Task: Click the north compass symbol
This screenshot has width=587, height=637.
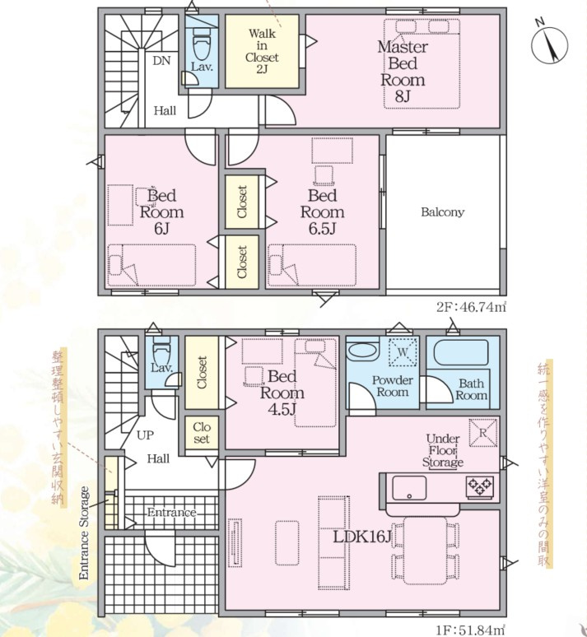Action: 550,44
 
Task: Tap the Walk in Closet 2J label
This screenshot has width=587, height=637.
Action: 262,51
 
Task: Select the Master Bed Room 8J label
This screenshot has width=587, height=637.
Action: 403,71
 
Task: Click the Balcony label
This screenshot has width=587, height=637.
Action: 442,212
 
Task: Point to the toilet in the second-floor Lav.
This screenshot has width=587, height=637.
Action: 202,44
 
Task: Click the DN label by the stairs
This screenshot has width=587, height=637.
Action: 161,61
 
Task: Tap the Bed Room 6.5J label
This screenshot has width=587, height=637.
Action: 322,212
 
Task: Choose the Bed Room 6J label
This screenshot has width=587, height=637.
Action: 161,212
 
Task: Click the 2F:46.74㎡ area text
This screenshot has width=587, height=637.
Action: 471,307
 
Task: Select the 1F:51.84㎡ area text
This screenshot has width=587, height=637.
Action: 471,630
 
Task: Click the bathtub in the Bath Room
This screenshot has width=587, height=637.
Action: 461,353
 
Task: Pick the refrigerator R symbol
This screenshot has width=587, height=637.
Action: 482,433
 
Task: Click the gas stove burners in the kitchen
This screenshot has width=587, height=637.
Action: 480,486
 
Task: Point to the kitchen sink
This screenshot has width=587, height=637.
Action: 409,488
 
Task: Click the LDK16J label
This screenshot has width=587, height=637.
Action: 362,537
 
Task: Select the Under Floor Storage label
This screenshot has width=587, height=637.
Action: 443,450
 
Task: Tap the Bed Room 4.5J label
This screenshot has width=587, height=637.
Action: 282,393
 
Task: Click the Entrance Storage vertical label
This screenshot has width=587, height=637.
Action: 83,533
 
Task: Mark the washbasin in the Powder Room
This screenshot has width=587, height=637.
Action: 363,351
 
